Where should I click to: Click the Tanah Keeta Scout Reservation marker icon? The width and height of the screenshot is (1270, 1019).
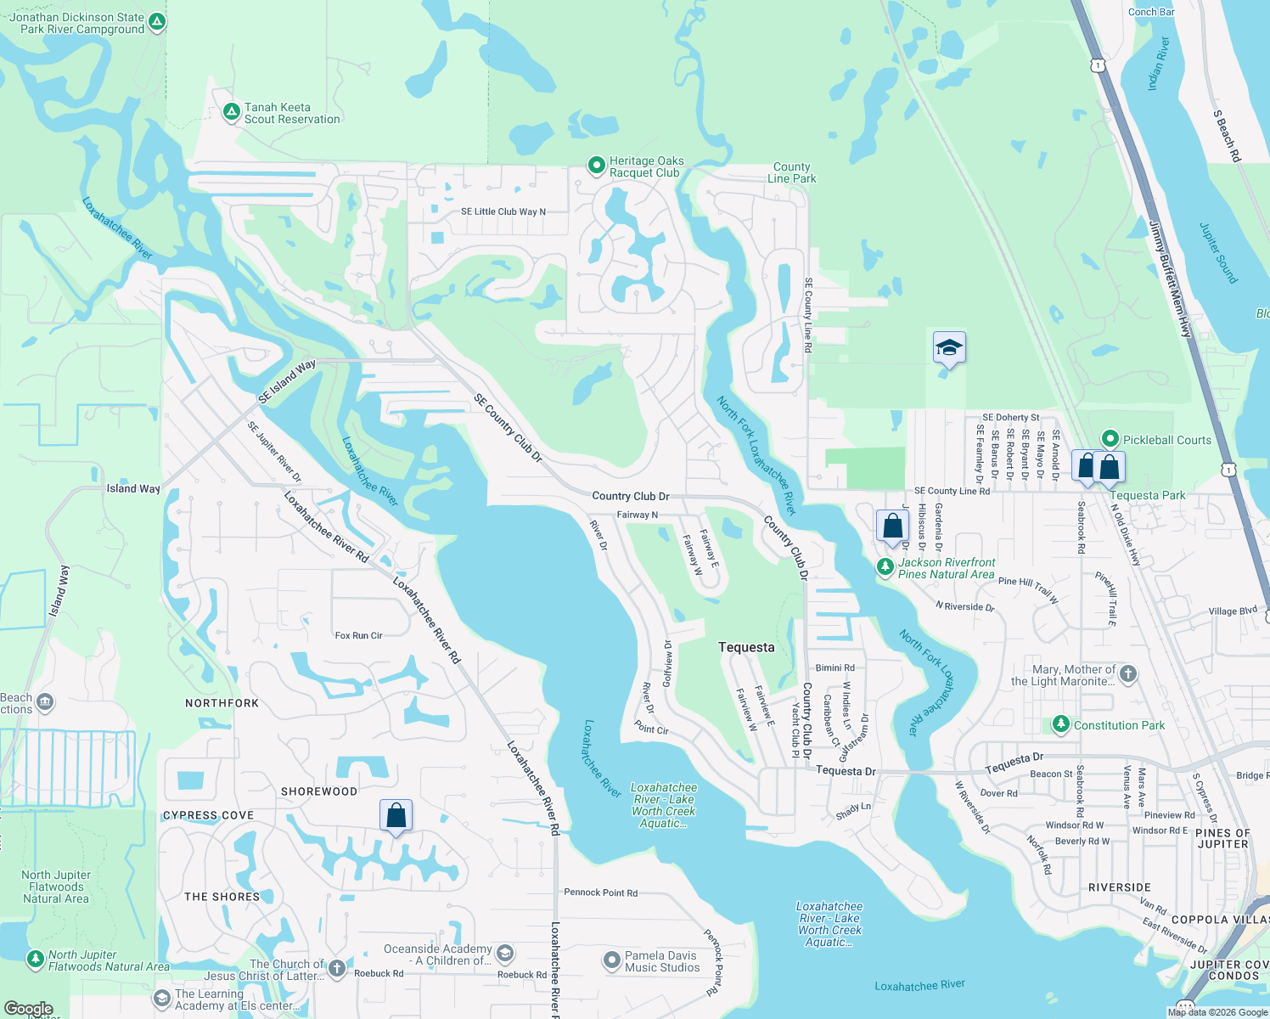click(231, 112)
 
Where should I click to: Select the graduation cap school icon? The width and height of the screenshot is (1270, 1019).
click(949, 347)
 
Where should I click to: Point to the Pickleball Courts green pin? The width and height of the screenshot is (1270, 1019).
click(1110, 439)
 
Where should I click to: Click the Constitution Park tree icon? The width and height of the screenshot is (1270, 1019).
click(1060, 724)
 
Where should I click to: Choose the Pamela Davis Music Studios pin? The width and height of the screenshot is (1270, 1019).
click(611, 960)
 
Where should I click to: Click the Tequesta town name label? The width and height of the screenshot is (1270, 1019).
click(746, 647)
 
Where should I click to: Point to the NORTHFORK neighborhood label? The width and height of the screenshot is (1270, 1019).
click(222, 703)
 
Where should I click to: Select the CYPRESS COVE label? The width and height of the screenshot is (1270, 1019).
click(208, 815)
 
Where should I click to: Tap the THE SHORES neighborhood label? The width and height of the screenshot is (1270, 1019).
click(222, 897)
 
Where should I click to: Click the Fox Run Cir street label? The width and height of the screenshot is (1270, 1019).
click(358, 635)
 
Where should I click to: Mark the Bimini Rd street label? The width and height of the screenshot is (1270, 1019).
click(834, 668)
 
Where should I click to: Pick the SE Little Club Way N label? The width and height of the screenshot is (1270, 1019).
click(503, 211)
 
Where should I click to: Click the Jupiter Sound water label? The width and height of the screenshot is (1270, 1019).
click(1218, 253)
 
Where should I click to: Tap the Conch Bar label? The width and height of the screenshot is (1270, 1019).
click(1151, 12)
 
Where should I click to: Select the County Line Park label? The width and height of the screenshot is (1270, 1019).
click(791, 172)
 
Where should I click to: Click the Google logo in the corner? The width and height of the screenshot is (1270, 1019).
click(28, 1009)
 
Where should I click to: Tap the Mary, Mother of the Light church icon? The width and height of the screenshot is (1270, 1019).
click(1127, 674)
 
